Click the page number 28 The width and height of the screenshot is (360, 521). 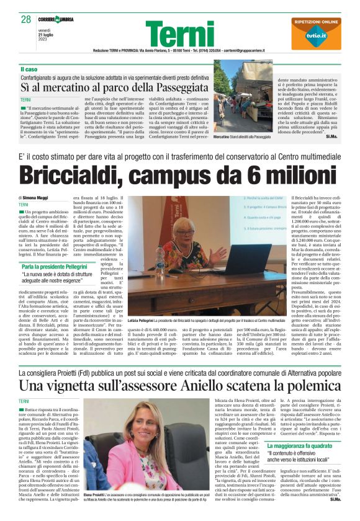pyautogui.click(x=26, y=19)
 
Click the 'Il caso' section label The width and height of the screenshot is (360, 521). pyautogui.click(x=30, y=69)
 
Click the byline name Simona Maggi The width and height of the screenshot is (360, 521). pyautogui.click(x=35, y=197)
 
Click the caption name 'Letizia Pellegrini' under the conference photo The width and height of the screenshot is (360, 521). pyautogui.click(x=140, y=319)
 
